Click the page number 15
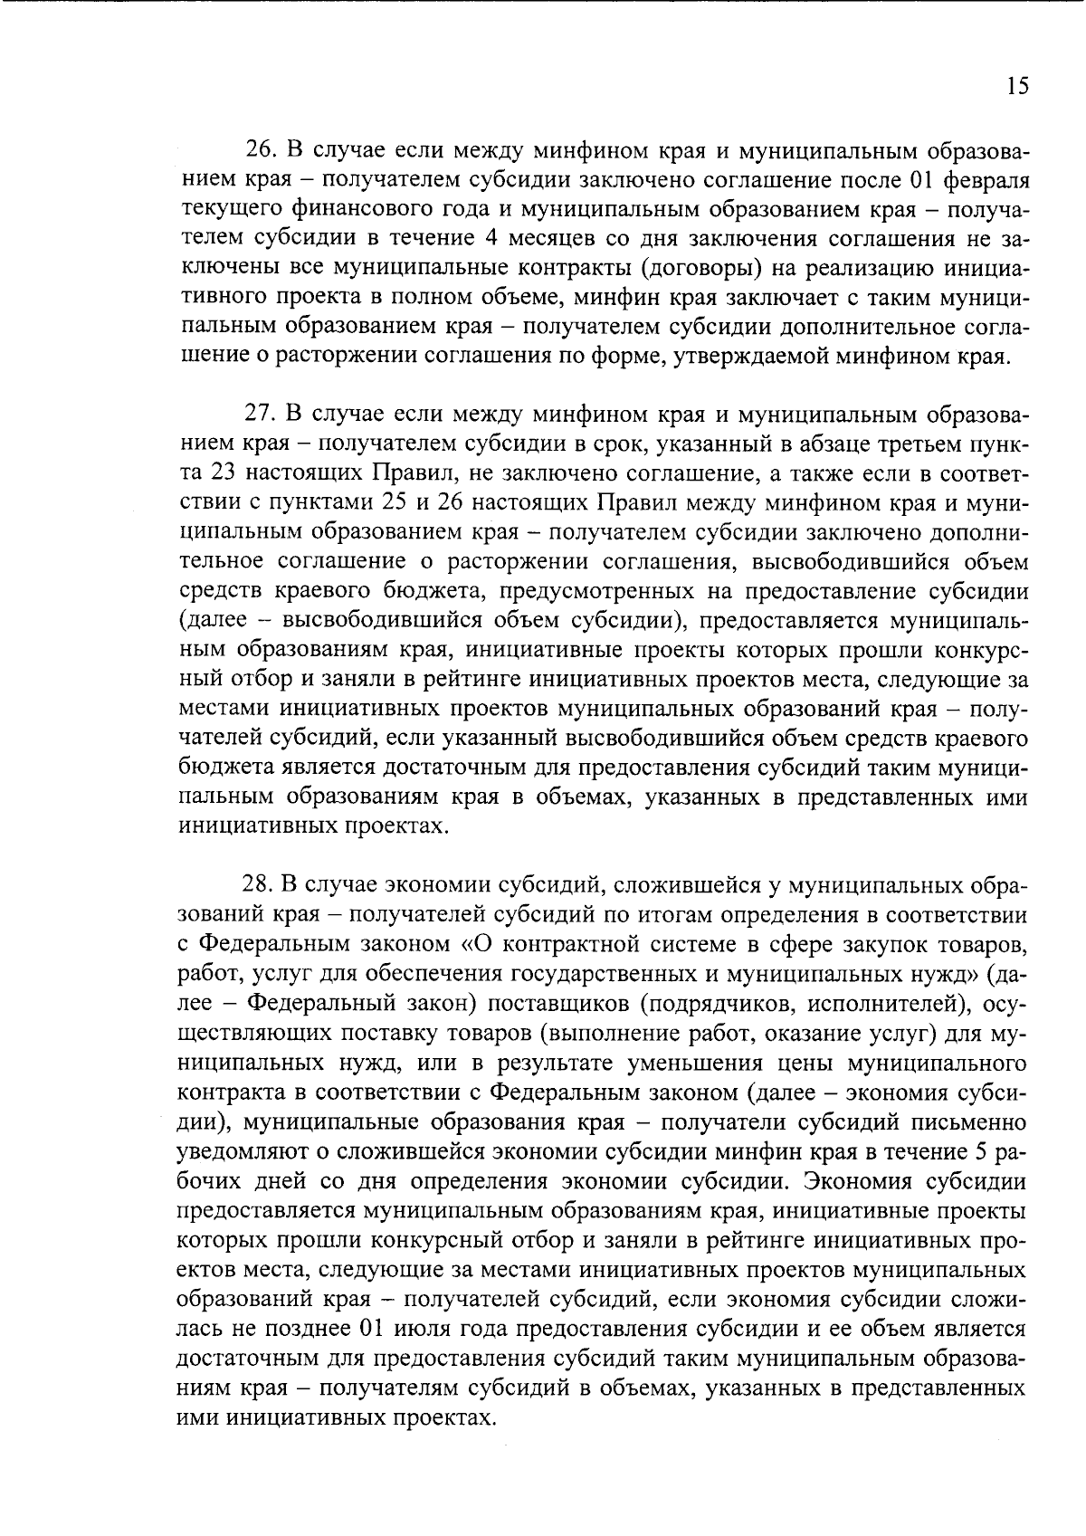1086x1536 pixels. point(1016,86)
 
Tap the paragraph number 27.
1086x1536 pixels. point(259,415)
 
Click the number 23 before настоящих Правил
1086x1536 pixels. point(226,474)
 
